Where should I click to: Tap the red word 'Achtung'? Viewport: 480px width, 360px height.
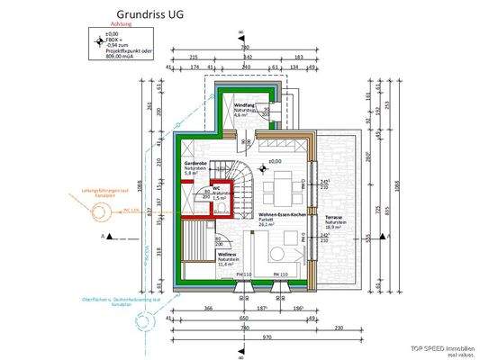tap(122, 25)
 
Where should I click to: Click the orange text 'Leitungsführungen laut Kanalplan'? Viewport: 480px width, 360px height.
tap(107, 193)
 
